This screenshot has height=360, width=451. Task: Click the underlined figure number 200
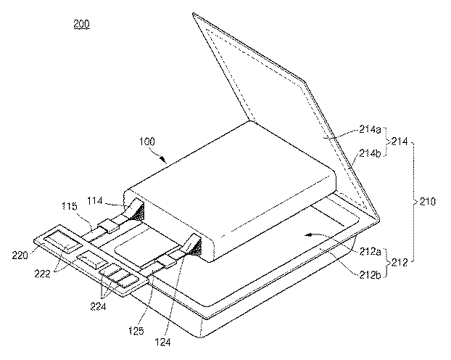tap(82, 25)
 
